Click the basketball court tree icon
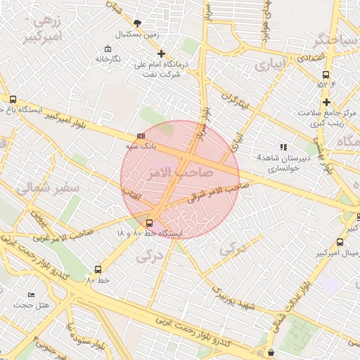tap(137, 23)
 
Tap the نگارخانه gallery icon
tap(107, 49)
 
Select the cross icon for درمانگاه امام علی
tap(161, 53)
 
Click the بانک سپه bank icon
tap(141, 136)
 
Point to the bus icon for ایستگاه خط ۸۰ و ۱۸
tap(148, 223)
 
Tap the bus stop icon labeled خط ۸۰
tap(97, 269)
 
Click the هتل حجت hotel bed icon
tap(30, 295)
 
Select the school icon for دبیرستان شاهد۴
tap(283, 147)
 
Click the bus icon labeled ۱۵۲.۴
tap(326, 75)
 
